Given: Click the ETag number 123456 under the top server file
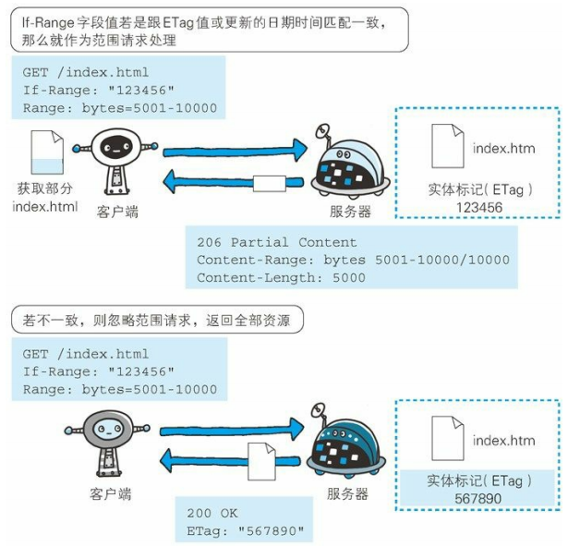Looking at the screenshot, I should tap(478, 208).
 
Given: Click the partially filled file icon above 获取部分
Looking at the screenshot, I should tap(45, 153).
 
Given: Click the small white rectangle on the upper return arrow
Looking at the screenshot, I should tap(269, 181).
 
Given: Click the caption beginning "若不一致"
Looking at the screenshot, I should tap(157, 322).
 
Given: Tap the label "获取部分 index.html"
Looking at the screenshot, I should tap(45, 197).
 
